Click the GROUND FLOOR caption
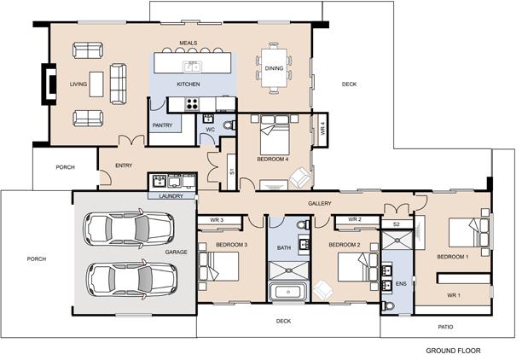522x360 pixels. (453, 351)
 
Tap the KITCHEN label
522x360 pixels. (188, 84)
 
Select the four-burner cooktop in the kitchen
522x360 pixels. (192, 104)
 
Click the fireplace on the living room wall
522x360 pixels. (49, 84)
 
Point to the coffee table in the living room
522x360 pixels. (96, 84)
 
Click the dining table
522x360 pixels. (274, 68)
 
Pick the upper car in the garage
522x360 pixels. (129, 229)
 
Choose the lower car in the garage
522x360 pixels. (131, 279)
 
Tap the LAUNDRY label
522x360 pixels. (171, 196)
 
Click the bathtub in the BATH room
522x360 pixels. (288, 292)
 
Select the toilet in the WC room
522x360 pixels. (229, 125)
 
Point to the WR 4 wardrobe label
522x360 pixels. (322, 128)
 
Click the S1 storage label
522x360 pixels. (232, 171)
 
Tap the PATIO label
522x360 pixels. (445, 327)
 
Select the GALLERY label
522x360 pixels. (320, 203)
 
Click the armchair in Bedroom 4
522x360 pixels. (300, 177)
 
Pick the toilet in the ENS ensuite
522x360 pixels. (388, 305)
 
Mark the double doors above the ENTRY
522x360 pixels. (131, 140)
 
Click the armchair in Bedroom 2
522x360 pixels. (323, 290)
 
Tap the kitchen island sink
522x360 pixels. (192, 67)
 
